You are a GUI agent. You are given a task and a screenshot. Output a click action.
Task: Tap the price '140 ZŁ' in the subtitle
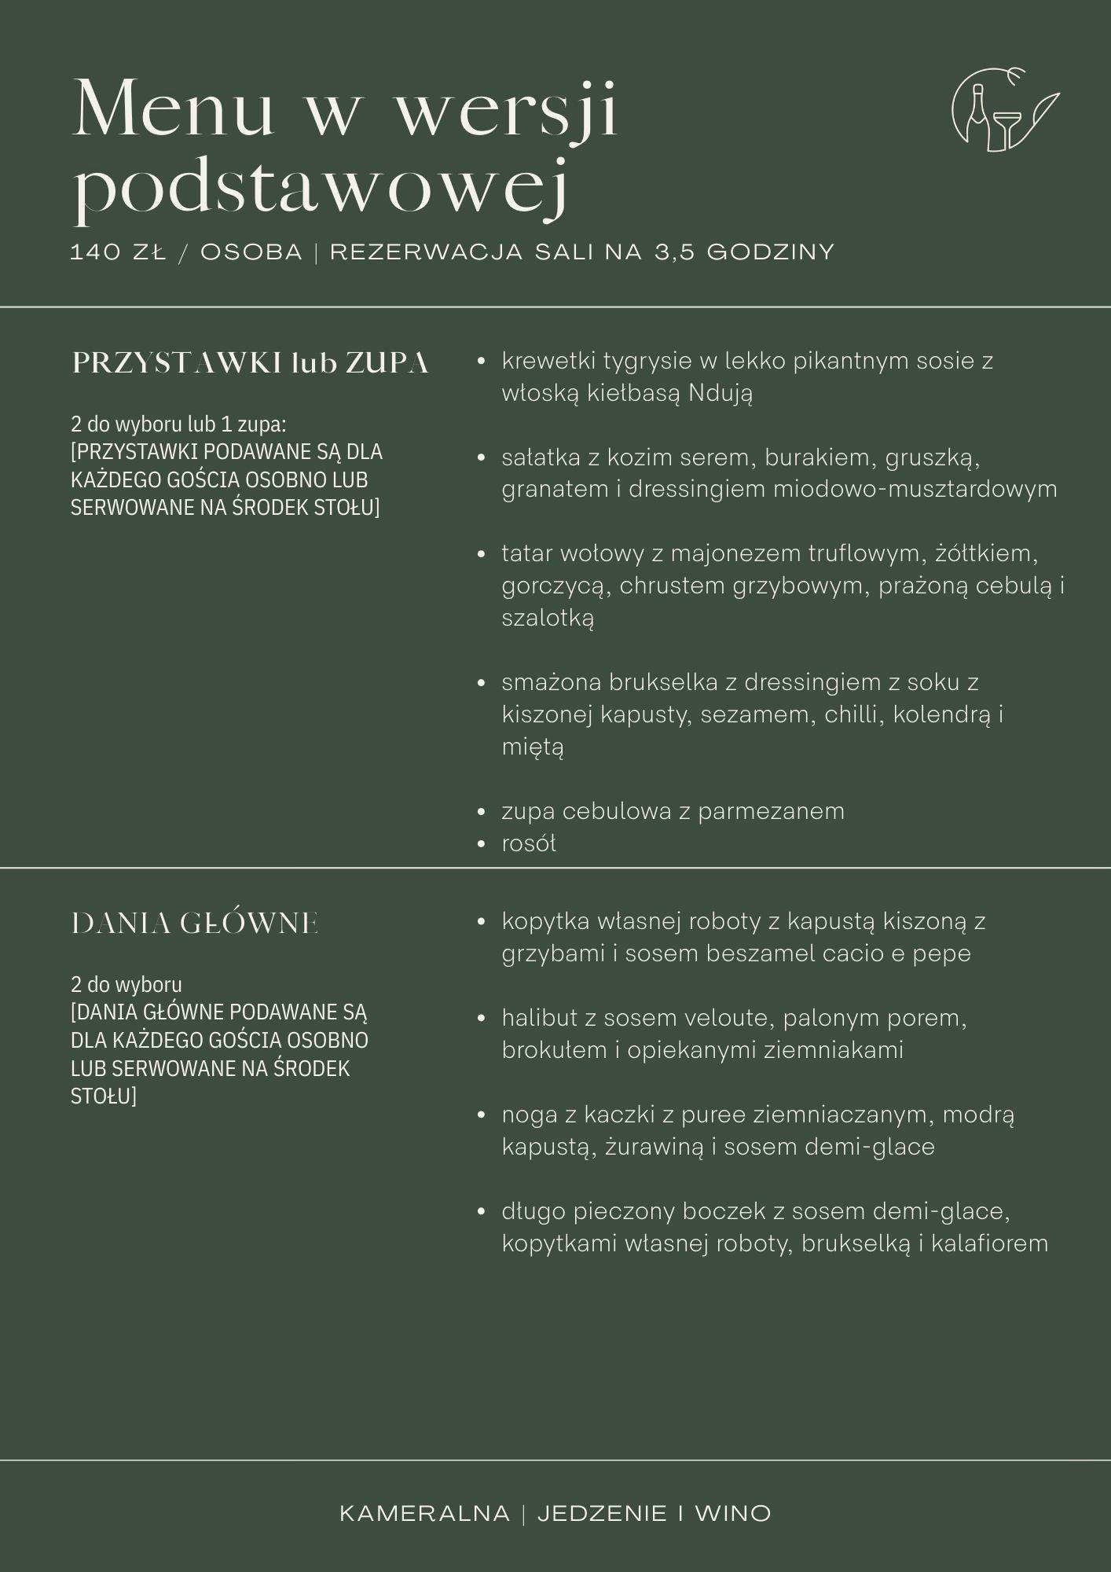click(118, 252)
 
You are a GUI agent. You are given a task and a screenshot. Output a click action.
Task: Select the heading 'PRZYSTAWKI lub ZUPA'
click(250, 363)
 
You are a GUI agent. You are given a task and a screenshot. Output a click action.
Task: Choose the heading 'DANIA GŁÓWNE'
click(195, 924)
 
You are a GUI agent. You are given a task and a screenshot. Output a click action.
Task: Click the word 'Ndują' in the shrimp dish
click(720, 393)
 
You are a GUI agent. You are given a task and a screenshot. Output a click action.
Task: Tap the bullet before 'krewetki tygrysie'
click(482, 362)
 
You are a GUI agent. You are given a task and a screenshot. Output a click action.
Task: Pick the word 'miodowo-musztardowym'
click(915, 489)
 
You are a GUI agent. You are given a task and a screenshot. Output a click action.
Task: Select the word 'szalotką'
click(548, 618)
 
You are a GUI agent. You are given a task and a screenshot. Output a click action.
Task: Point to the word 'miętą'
click(533, 747)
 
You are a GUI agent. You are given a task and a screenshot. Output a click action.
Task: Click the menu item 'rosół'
click(529, 843)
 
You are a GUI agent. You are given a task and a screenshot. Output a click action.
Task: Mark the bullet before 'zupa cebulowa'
click(482, 811)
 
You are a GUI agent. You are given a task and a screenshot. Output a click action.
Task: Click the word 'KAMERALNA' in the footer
click(424, 1513)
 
